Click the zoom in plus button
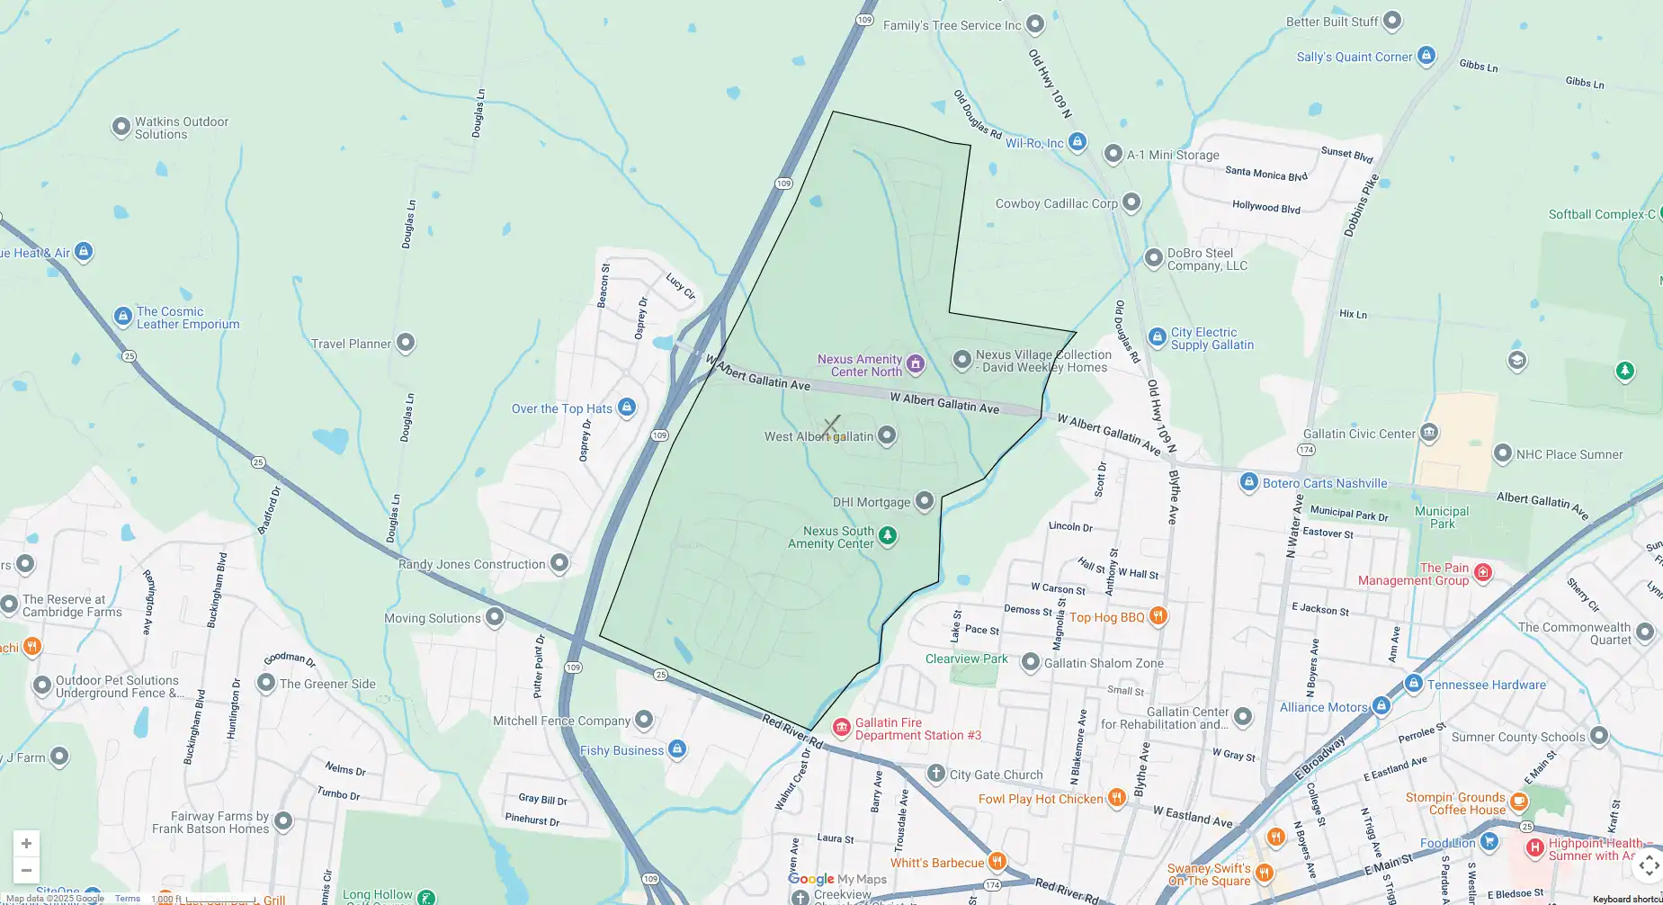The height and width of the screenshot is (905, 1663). tap(26, 843)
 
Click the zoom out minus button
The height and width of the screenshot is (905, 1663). tap(26, 870)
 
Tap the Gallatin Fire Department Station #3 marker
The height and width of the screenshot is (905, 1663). tap(842, 728)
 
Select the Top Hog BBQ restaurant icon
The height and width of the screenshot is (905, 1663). tap(1158, 616)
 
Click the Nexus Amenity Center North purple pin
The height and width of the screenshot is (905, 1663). tap(916, 363)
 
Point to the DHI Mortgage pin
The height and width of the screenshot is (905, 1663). tap(925, 501)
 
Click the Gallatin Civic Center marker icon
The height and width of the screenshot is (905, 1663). tap(1429, 433)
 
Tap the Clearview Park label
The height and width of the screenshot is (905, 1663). tap(966, 659)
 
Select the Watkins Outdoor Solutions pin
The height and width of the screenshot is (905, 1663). tap(121, 127)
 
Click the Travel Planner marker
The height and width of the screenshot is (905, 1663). tap(406, 342)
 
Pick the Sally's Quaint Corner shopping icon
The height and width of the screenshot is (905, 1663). tap(1426, 56)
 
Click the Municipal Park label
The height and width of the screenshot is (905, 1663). tap(1441, 517)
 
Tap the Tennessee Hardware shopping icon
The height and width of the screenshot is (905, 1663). tap(1413, 684)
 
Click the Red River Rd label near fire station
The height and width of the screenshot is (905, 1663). tap(792, 731)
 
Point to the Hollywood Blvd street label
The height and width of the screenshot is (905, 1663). tap(1265, 207)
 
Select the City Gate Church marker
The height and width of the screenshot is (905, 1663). tap(936, 774)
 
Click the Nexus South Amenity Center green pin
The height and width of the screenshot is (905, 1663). tap(888, 536)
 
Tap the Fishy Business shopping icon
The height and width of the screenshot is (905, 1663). tap(677, 748)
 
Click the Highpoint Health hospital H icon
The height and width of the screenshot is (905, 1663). tap(1535, 847)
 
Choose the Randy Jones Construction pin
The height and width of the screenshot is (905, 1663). tap(559, 563)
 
